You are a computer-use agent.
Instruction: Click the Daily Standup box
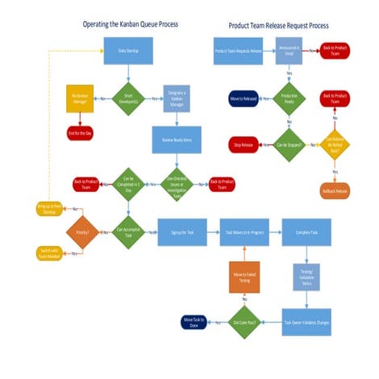127,51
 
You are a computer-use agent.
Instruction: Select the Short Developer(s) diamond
127,98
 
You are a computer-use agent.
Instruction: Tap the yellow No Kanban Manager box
80,98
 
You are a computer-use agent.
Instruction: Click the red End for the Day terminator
80,131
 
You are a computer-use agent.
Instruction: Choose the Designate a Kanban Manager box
176,98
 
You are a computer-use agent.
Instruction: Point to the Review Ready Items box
176,139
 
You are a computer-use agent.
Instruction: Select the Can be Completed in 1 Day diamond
127,183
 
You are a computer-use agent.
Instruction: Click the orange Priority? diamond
81,232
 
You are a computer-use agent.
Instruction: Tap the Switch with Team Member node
48,252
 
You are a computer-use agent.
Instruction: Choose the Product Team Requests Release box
238,51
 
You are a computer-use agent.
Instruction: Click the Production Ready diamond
288,98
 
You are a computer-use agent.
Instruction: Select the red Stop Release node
243,145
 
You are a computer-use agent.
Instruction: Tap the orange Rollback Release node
335,191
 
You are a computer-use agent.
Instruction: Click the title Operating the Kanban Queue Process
131,24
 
